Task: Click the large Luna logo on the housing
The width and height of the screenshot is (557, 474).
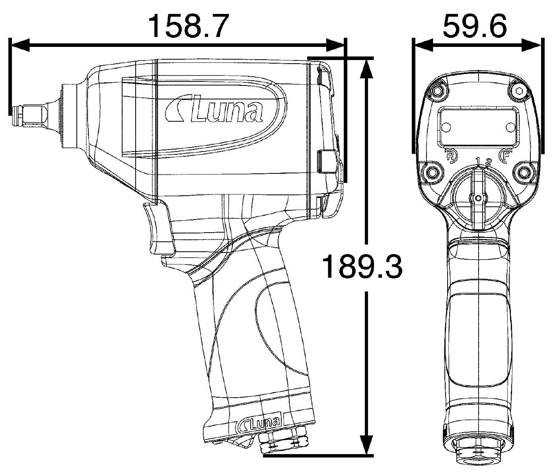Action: point(214,111)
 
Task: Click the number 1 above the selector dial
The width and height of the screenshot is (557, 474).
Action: point(478,161)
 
